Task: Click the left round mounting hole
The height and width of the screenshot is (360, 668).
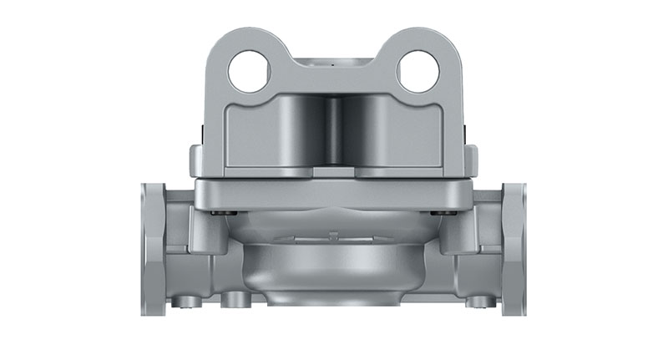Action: (x=249, y=71)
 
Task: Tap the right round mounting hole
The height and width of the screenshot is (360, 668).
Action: (x=417, y=71)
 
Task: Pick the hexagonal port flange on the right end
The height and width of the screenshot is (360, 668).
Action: (x=513, y=250)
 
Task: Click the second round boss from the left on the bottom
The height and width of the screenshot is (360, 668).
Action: (x=233, y=298)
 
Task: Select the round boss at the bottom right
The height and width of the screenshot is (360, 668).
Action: (x=476, y=302)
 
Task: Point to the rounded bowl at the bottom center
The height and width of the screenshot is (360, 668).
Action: (x=334, y=267)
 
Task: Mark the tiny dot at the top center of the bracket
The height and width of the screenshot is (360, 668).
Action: (x=334, y=61)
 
